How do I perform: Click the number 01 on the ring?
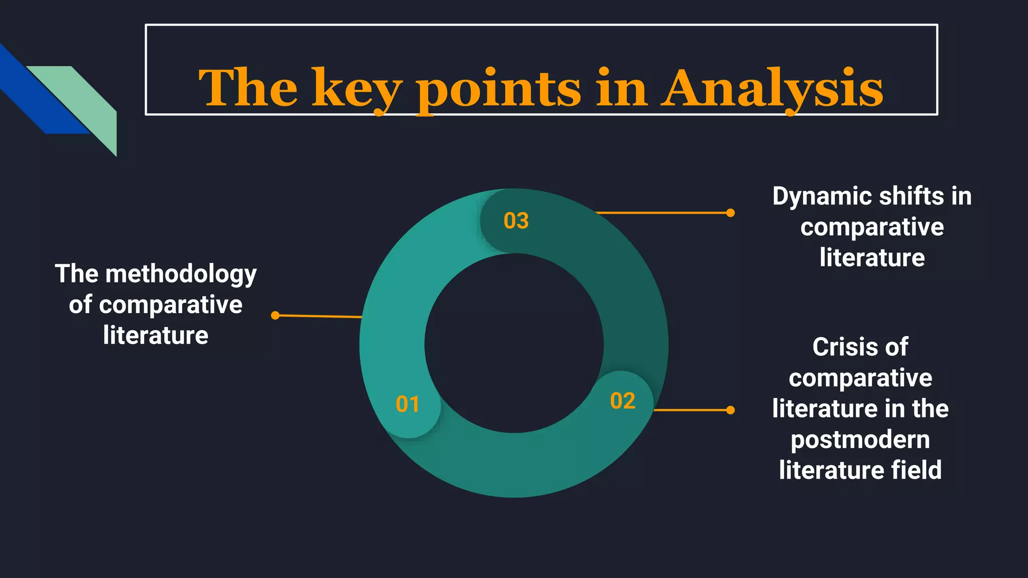coord(407,404)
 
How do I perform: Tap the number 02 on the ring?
coord(622,401)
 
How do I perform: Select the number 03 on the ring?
coord(516,221)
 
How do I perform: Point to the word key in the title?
coord(357,89)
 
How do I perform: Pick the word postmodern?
coord(860,440)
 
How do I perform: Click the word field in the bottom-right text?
coord(917,470)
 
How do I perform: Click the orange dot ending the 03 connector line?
coord(730,213)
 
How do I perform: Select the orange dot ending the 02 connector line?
coord(730,410)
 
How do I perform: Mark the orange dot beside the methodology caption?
coord(275,315)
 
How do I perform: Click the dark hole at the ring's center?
coord(514,343)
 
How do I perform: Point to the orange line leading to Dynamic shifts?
coord(663,213)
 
